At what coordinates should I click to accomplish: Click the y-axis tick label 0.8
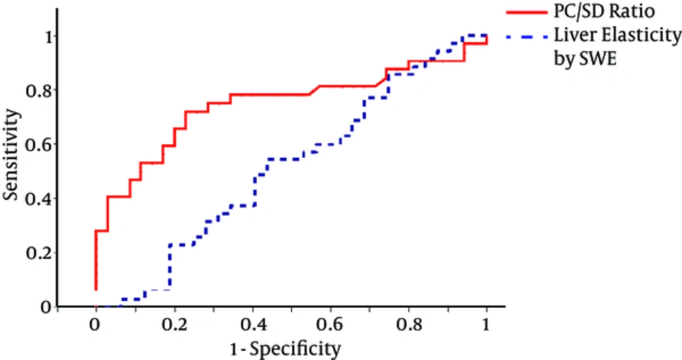39,90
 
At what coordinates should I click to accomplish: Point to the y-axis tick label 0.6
39,145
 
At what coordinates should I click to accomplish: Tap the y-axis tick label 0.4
39,199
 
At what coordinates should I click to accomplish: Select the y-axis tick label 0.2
39,253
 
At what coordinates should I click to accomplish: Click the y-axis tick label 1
45,36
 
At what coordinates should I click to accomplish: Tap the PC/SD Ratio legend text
595,12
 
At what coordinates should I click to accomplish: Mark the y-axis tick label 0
45,307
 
